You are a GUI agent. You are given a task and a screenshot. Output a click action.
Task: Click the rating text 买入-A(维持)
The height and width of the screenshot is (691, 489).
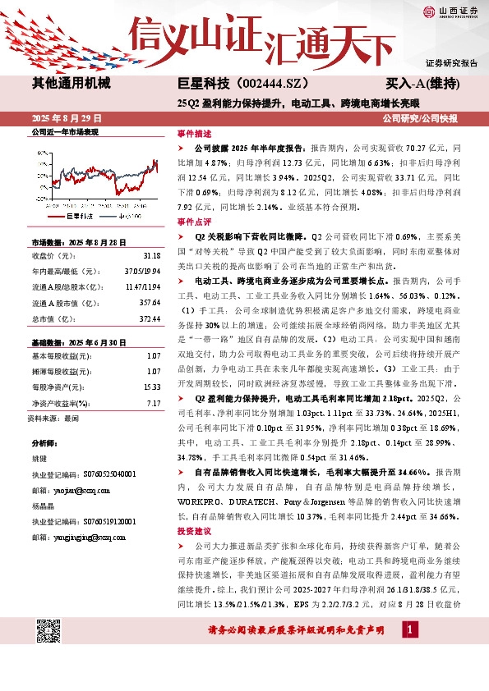tap(422, 84)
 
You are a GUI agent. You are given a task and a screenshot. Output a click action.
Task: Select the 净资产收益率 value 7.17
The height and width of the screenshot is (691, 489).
tap(153, 402)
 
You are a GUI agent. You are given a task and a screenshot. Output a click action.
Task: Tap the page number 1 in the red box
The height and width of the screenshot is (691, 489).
tap(409, 629)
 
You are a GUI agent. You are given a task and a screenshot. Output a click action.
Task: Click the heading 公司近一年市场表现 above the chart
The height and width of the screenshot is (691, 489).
tap(64, 131)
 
